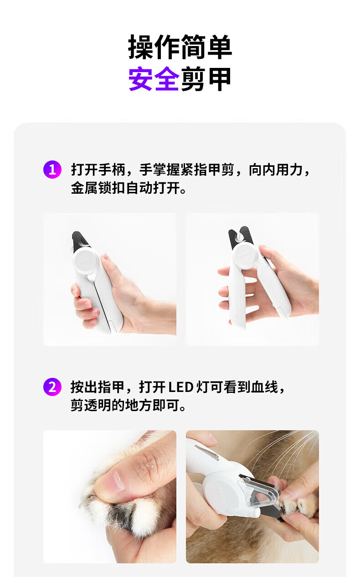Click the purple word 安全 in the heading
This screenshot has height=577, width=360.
(x=154, y=78)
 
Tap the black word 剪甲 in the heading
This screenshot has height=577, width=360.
(x=206, y=78)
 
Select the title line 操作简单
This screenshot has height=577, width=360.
(x=180, y=47)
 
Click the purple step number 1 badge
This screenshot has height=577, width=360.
(x=52, y=170)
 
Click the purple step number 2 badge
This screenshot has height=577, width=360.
(x=52, y=386)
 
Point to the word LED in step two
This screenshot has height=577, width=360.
(x=181, y=387)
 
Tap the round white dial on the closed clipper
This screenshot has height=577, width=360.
(x=86, y=261)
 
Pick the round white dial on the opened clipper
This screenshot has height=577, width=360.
(x=246, y=257)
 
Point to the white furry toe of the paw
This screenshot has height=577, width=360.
(x=144, y=513)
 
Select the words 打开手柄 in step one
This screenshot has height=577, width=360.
(x=98, y=170)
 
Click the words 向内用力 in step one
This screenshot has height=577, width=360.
(x=276, y=170)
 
